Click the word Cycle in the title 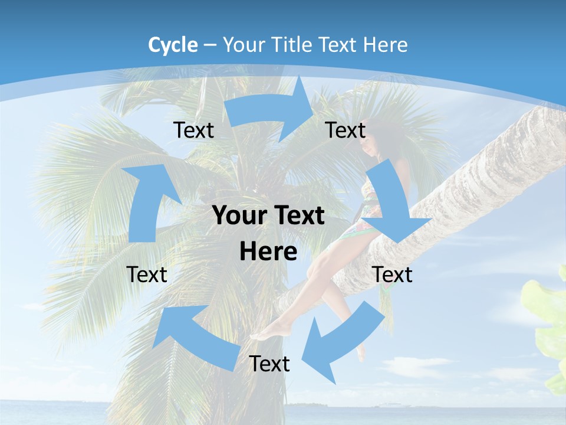(173, 45)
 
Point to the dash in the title (210, 45)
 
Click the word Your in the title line (243, 45)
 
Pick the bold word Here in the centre (268, 251)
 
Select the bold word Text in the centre (298, 216)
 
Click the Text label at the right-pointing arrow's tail (194, 130)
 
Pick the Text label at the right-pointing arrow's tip (345, 130)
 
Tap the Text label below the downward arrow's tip (393, 274)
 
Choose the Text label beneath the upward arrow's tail (147, 274)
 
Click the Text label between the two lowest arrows (269, 364)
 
